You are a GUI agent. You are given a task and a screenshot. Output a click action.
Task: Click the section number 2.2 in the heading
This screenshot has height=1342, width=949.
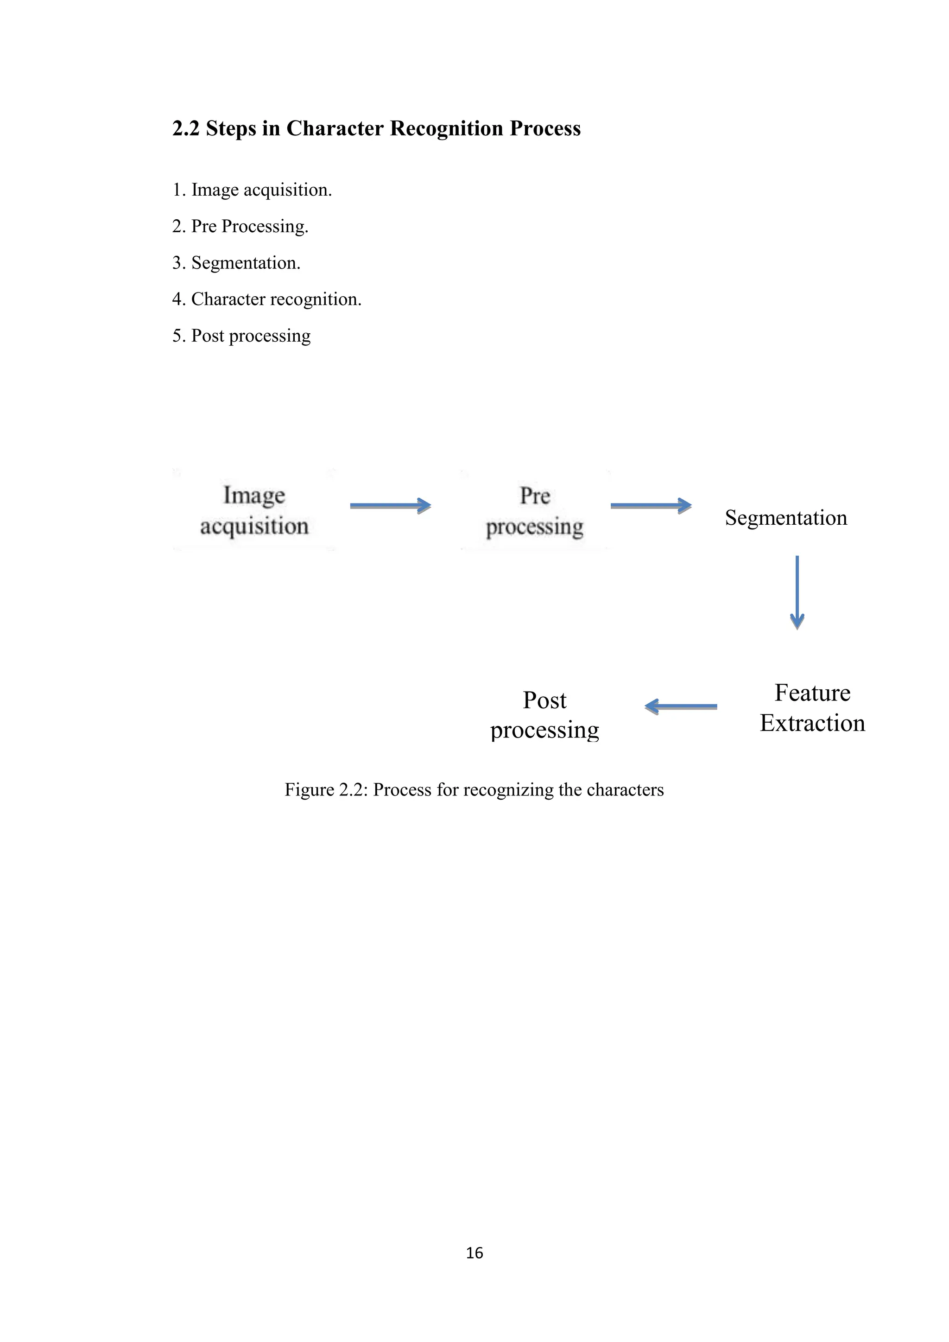pyautogui.click(x=186, y=128)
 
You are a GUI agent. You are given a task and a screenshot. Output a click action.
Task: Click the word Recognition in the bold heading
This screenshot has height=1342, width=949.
pyautogui.click(x=446, y=128)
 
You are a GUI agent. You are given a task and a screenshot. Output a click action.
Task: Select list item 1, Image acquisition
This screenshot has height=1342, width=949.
pyautogui.click(x=252, y=190)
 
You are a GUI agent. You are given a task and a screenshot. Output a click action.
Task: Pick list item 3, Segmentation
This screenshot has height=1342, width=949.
pyautogui.click(x=236, y=263)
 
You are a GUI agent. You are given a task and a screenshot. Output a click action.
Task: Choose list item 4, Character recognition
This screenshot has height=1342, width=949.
pyautogui.click(x=266, y=299)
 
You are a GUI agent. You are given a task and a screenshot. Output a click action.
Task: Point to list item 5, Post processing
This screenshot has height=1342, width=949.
pyautogui.click(x=241, y=336)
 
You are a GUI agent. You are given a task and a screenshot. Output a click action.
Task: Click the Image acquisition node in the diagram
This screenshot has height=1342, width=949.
pyautogui.click(x=254, y=510)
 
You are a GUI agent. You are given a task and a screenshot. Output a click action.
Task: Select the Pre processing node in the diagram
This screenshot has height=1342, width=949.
pyautogui.click(x=535, y=511)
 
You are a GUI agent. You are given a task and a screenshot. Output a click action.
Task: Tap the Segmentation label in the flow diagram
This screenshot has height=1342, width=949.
pyautogui.click(x=786, y=518)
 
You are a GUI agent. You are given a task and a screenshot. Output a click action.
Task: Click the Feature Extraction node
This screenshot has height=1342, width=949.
pyautogui.click(x=812, y=708)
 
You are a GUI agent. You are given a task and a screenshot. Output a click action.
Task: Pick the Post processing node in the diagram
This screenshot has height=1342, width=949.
pyautogui.click(x=544, y=715)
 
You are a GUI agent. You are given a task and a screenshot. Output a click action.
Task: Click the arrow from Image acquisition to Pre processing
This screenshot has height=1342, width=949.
pyautogui.click(x=390, y=506)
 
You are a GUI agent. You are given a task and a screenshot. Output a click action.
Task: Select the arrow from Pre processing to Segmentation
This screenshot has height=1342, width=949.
pyautogui.click(x=651, y=506)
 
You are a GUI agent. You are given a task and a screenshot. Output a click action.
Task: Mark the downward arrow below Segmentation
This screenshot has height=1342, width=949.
pyautogui.click(x=797, y=592)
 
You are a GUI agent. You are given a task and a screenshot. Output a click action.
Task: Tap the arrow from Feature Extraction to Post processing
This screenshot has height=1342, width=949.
pyautogui.click(x=681, y=706)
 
